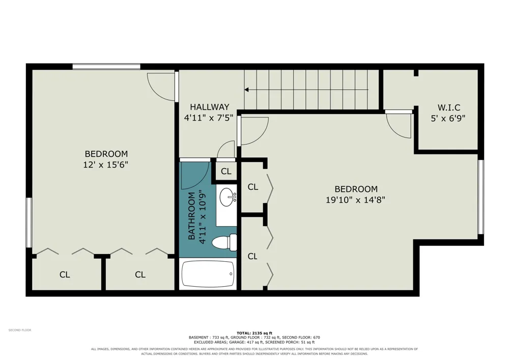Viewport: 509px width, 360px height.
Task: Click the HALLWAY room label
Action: tap(209, 107)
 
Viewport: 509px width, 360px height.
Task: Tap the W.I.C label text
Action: tap(448, 107)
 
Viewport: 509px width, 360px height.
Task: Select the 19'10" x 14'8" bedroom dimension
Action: tap(355, 199)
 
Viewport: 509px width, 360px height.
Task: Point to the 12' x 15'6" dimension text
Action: tap(105, 164)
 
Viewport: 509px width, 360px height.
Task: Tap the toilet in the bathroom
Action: tap(224, 242)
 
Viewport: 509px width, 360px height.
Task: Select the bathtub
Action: tap(208, 274)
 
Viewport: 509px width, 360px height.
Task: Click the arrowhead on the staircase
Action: tap(247, 90)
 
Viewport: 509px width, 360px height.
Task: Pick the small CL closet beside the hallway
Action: tap(226, 171)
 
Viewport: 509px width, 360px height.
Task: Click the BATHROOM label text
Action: tap(192, 216)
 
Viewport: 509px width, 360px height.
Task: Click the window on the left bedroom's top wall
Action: tap(106, 67)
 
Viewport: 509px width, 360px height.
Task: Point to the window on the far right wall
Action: tap(481, 197)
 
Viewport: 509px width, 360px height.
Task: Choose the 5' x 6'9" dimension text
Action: tap(448, 118)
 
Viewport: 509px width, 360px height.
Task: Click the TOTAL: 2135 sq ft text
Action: tap(254, 333)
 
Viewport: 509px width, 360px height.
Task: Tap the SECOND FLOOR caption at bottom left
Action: tap(20, 330)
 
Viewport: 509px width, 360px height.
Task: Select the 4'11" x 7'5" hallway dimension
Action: tap(209, 118)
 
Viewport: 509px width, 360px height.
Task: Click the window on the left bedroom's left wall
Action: tap(29, 223)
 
